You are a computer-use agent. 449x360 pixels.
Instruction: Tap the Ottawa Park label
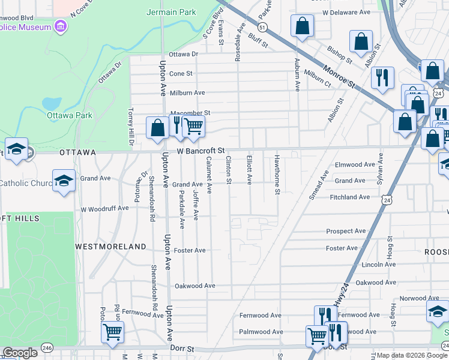pyautogui.click(x=69, y=115)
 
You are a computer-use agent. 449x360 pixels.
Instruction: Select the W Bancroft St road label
pyautogui.click(x=200, y=151)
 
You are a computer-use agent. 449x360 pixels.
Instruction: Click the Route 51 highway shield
pyautogui.click(x=262, y=28)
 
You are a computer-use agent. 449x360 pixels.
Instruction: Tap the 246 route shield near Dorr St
pyautogui.click(x=47, y=348)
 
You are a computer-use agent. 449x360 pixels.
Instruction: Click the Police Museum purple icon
pyautogui.click(x=59, y=26)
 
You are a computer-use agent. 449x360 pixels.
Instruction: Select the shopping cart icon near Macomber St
pyautogui.click(x=193, y=126)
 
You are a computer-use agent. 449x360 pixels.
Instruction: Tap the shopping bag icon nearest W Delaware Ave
pyautogui.click(x=303, y=26)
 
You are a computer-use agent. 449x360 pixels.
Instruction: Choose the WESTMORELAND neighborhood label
pyautogui.click(x=110, y=247)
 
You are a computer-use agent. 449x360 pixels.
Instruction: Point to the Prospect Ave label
pyautogui.click(x=346, y=231)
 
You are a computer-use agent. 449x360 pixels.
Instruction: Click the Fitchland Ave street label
pyautogui.click(x=349, y=197)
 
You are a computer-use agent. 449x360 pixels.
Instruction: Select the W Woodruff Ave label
pyautogui.click(x=104, y=208)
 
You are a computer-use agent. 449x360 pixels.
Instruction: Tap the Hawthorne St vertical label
pyautogui.click(x=277, y=175)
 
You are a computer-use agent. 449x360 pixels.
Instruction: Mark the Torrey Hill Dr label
pyautogui.click(x=130, y=127)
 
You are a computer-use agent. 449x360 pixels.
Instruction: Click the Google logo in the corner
pyautogui.click(x=20, y=353)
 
